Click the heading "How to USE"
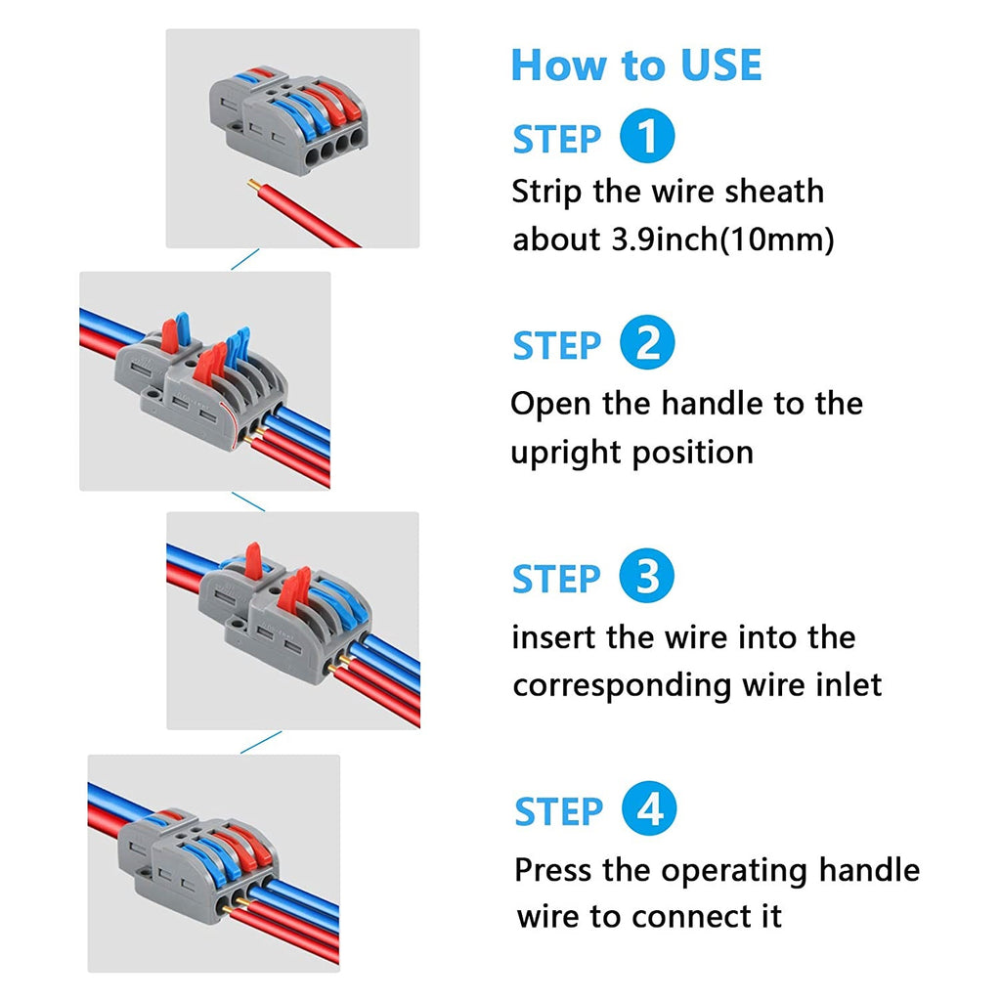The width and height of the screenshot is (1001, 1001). (635, 65)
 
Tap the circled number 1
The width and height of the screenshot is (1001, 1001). (647, 138)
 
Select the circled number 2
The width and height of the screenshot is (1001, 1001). (647, 345)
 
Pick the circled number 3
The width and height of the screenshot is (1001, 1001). (647, 577)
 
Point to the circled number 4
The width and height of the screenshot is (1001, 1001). (648, 810)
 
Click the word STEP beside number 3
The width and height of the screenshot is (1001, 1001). (556, 579)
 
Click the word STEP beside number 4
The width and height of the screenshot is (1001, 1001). (558, 812)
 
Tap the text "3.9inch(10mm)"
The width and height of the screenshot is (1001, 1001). (717, 239)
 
